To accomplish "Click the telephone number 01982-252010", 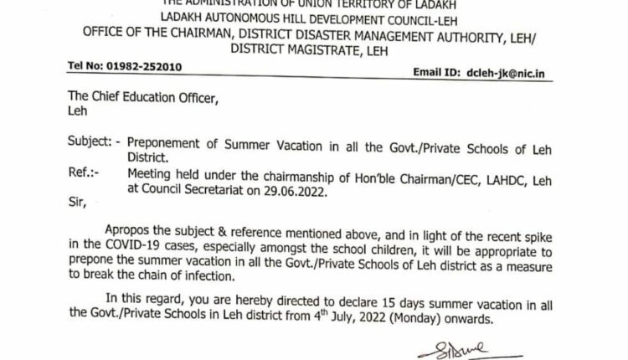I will click(x=149, y=66).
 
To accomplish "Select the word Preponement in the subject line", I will click(x=174, y=143).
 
